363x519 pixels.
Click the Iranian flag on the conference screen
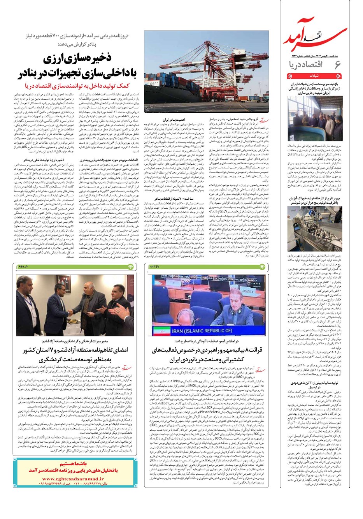(162, 331)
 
